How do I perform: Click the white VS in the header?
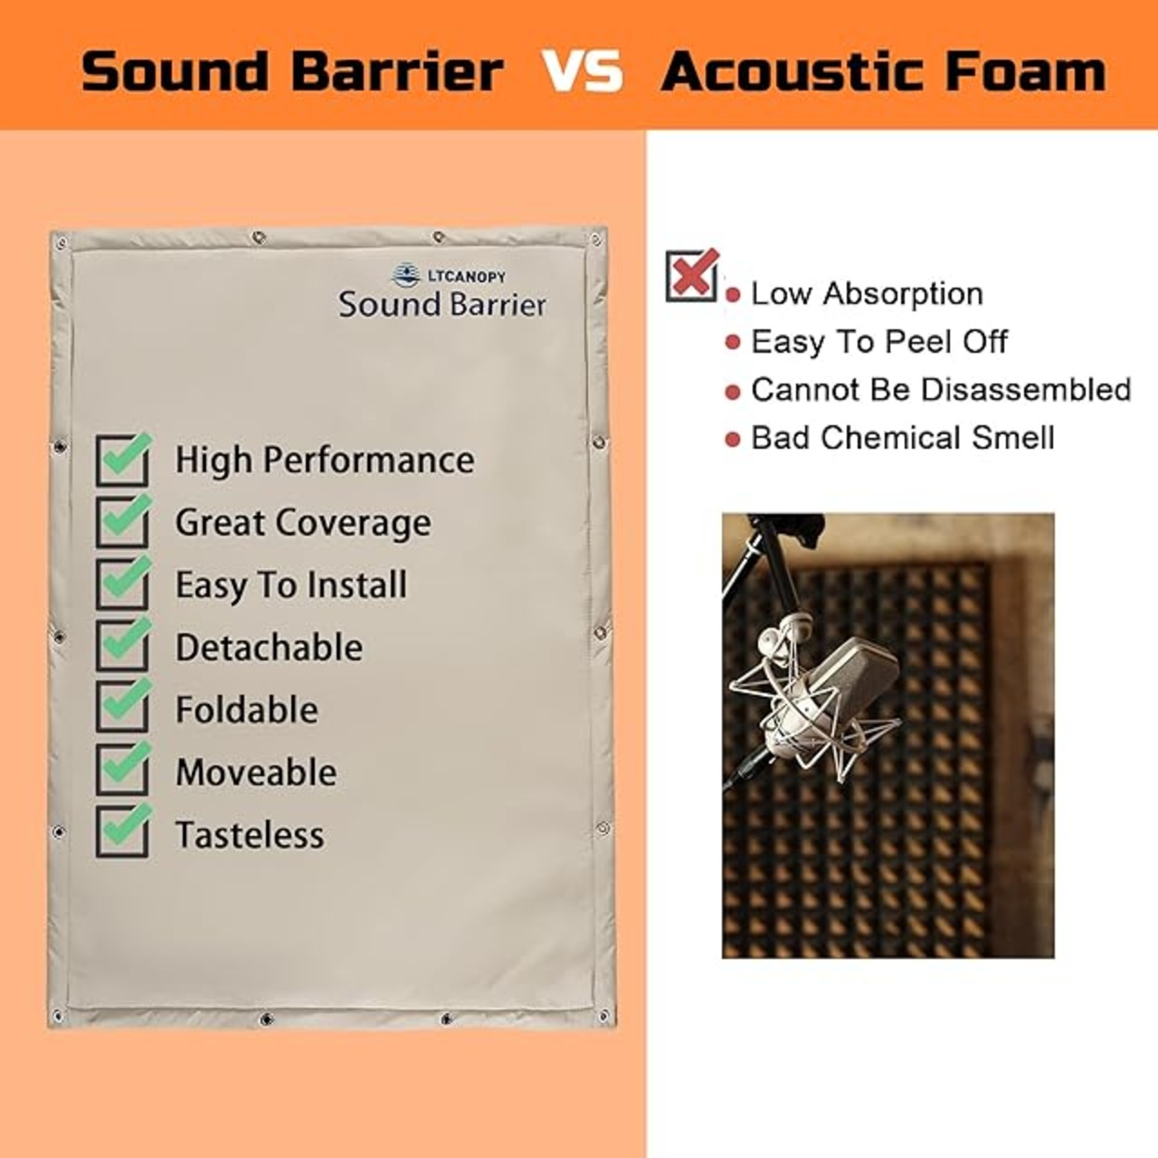(x=582, y=71)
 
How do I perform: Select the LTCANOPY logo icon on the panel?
(x=406, y=275)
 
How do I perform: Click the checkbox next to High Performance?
(x=123, y=460)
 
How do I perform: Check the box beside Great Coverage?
(x=123, y=522)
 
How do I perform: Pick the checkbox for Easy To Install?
(x=123, y=584)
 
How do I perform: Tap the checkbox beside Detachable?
(x=123, y=646)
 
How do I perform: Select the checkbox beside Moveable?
(x=123, y=771)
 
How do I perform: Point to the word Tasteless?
(x=250, y=835)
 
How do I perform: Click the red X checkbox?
(x=693, y=275)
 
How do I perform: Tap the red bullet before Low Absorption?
(x=733, y=295)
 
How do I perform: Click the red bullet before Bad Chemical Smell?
(x=733, y=440)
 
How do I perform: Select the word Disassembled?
(x=1026, y=389)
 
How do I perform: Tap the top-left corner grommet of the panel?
(x=62, y=243)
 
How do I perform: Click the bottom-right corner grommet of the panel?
(x=604, y=1017)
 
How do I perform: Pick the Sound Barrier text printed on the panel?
(x=442, y=304)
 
